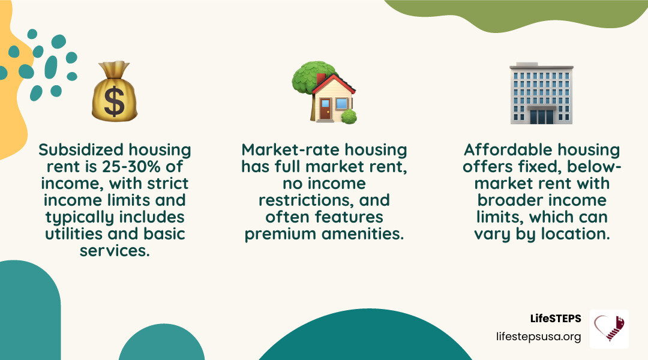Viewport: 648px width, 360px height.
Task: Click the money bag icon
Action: pos(115,92)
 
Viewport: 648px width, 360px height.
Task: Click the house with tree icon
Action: pos(324,92)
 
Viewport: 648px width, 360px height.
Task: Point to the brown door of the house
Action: pos(325,110)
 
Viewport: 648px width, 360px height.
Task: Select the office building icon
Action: pos(541,93)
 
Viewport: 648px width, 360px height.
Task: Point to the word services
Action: pos(114,250)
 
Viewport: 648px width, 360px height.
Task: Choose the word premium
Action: pos(282,233)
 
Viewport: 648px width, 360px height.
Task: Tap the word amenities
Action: pos(363,233)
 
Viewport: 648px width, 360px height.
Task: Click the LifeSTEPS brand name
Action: pos(556,319)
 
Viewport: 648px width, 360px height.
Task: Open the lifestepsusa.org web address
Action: pos(539,337)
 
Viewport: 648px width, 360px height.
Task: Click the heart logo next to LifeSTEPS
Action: pos(609,329)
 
